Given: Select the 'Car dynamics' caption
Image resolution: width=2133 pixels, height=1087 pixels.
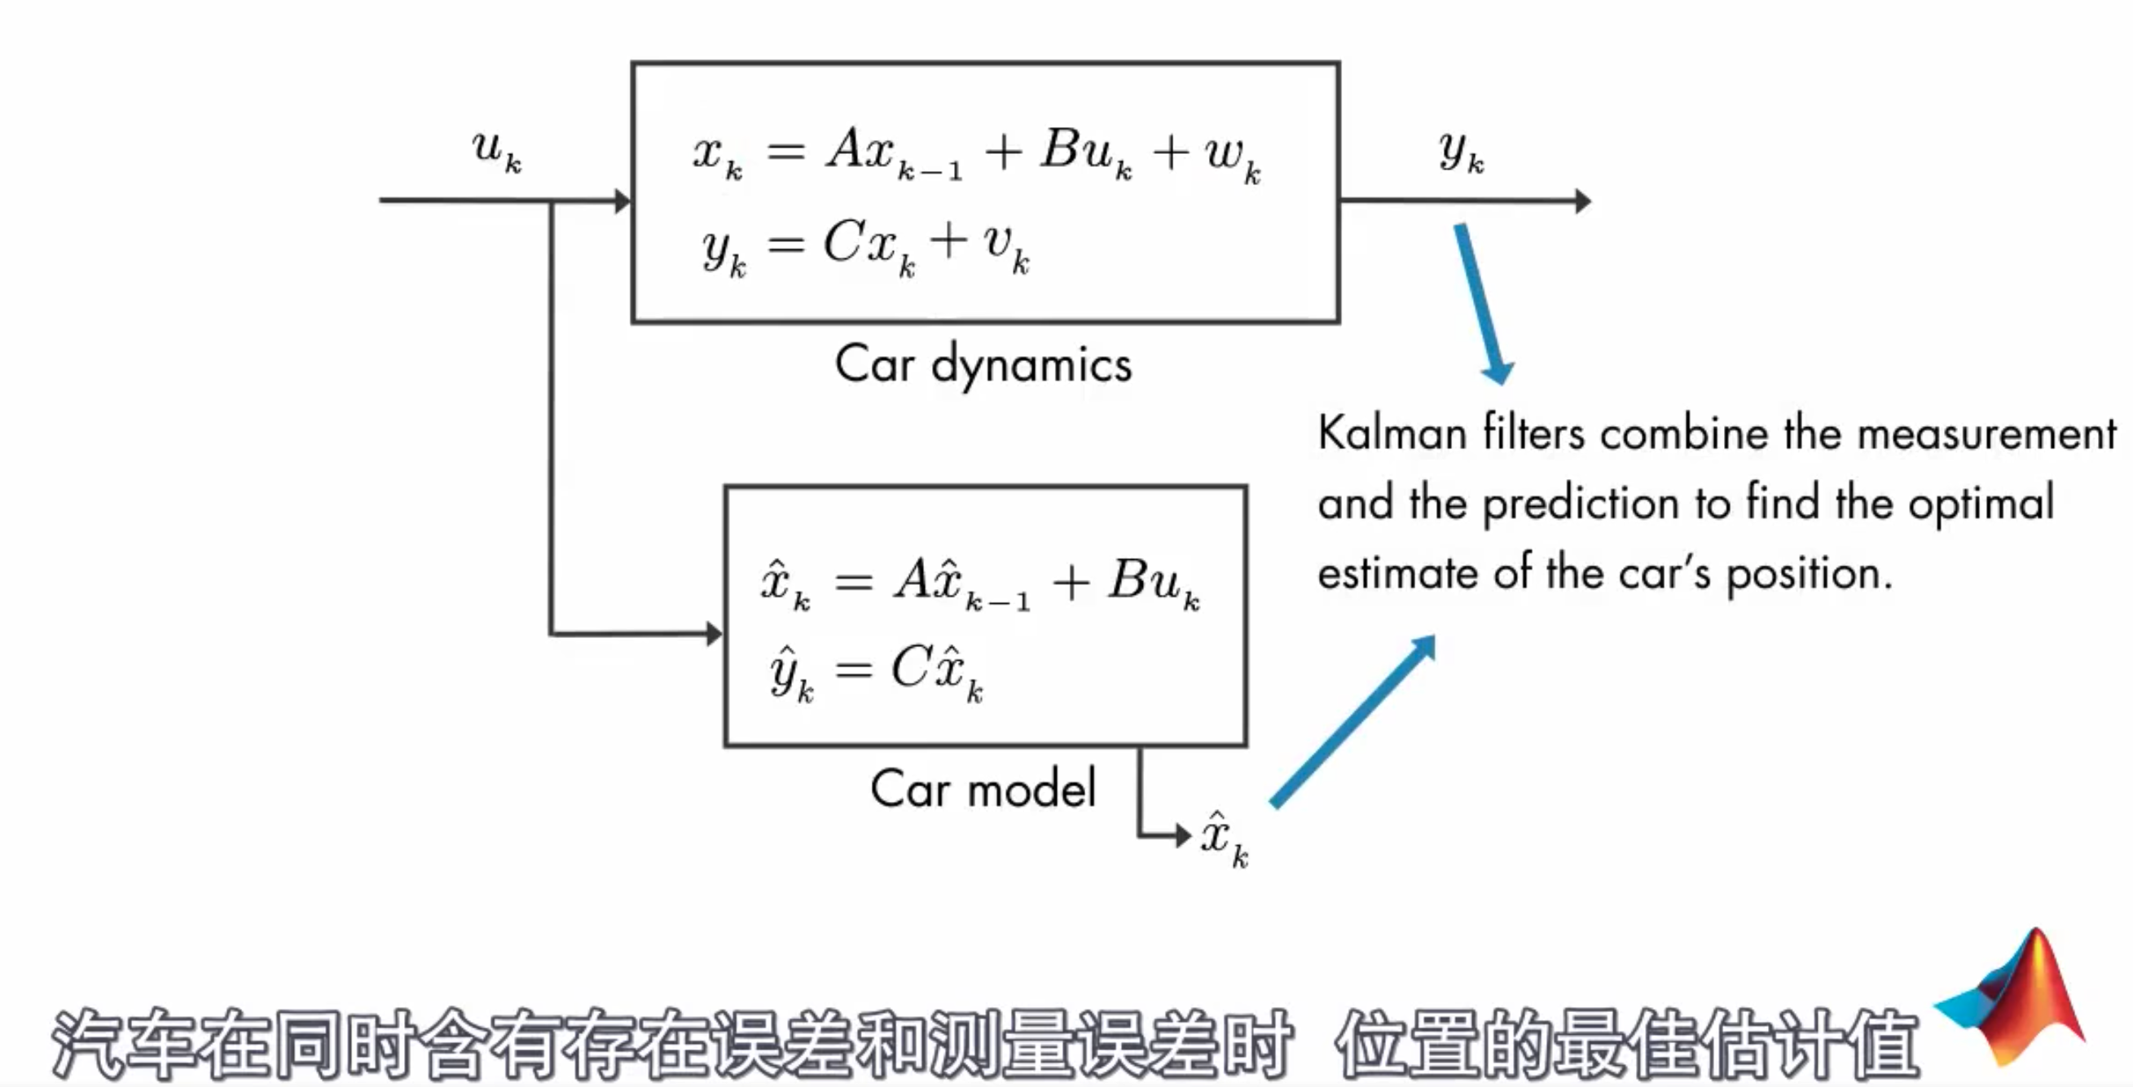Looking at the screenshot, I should pyautogui.click(x=983, y=364).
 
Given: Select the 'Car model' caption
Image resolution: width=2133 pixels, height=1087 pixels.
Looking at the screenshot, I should pyautogui.click(x=983, y=788).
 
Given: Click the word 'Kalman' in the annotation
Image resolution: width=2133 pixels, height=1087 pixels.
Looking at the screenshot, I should pyautogui.click(x=1391, y=433).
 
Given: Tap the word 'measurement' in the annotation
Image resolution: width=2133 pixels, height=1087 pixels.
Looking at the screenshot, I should pyautogui.click(x=1986, y=433).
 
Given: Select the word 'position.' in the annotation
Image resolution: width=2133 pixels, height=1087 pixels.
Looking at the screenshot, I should pyautogui.click(x=1810, y=573).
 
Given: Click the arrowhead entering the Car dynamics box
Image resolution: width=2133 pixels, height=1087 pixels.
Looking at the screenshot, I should pyautogui.click(x=622, y=200).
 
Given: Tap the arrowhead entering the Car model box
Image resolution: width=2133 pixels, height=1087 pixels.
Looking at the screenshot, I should pyautogui.click(x=714, y=634).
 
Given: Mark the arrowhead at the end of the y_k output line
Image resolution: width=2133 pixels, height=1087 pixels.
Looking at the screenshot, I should pyautogui.click(x=1581, y=200).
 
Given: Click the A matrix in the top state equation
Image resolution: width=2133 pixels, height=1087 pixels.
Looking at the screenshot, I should pyautogui.click(x=846, y=151).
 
